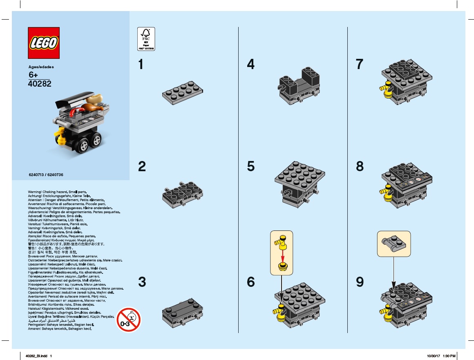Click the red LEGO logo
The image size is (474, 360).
(x=44, y=43)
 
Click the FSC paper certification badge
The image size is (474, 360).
(x=145, y=39)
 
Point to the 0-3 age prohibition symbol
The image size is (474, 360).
(x=128, y=319)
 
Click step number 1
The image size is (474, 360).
(x=141, y=65)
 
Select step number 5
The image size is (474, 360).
(x=250, y=166)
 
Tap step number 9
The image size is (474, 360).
(x=360, y=282)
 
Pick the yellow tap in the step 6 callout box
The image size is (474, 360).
(x=281, y=241)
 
